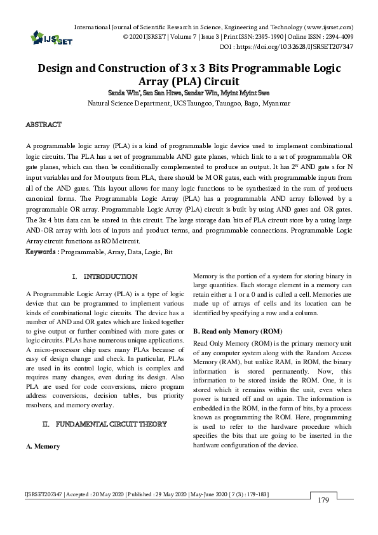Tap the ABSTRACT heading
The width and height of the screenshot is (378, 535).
(43, 124)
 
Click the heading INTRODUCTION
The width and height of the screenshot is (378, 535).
(110, 276)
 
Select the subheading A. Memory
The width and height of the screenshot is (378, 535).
(43, 446)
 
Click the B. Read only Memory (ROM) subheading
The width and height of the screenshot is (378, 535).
(234, 332)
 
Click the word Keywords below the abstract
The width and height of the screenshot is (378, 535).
(41, 252)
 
